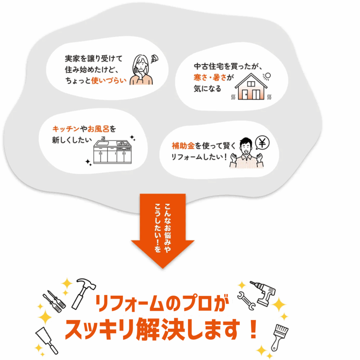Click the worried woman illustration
141,70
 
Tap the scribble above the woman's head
155,59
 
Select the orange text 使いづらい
109,81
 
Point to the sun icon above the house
267,76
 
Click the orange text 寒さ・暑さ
210,77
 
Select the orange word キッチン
66,129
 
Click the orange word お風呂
98,129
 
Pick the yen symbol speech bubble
262,143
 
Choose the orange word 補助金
183,146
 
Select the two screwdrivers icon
54,301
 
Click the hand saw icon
46,340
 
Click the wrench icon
246,301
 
